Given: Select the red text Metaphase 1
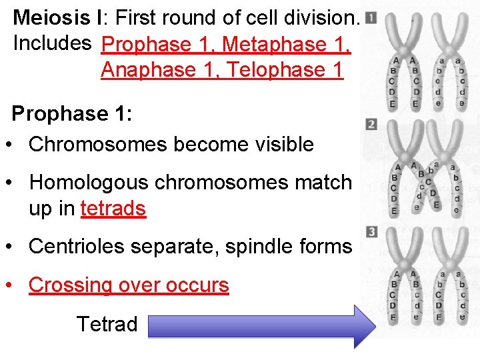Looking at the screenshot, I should point(285,44).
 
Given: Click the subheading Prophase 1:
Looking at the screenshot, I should point(72,113).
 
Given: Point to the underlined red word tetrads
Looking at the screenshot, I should point(113,209).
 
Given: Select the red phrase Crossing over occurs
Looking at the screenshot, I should point(129,285).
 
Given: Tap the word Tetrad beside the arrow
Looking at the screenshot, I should point(107,325).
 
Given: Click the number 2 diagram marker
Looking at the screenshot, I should point(371,125).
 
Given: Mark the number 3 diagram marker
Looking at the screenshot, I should point(371,231).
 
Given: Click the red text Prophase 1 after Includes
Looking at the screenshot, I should point(156,44).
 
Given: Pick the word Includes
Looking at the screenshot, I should point(52,43).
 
